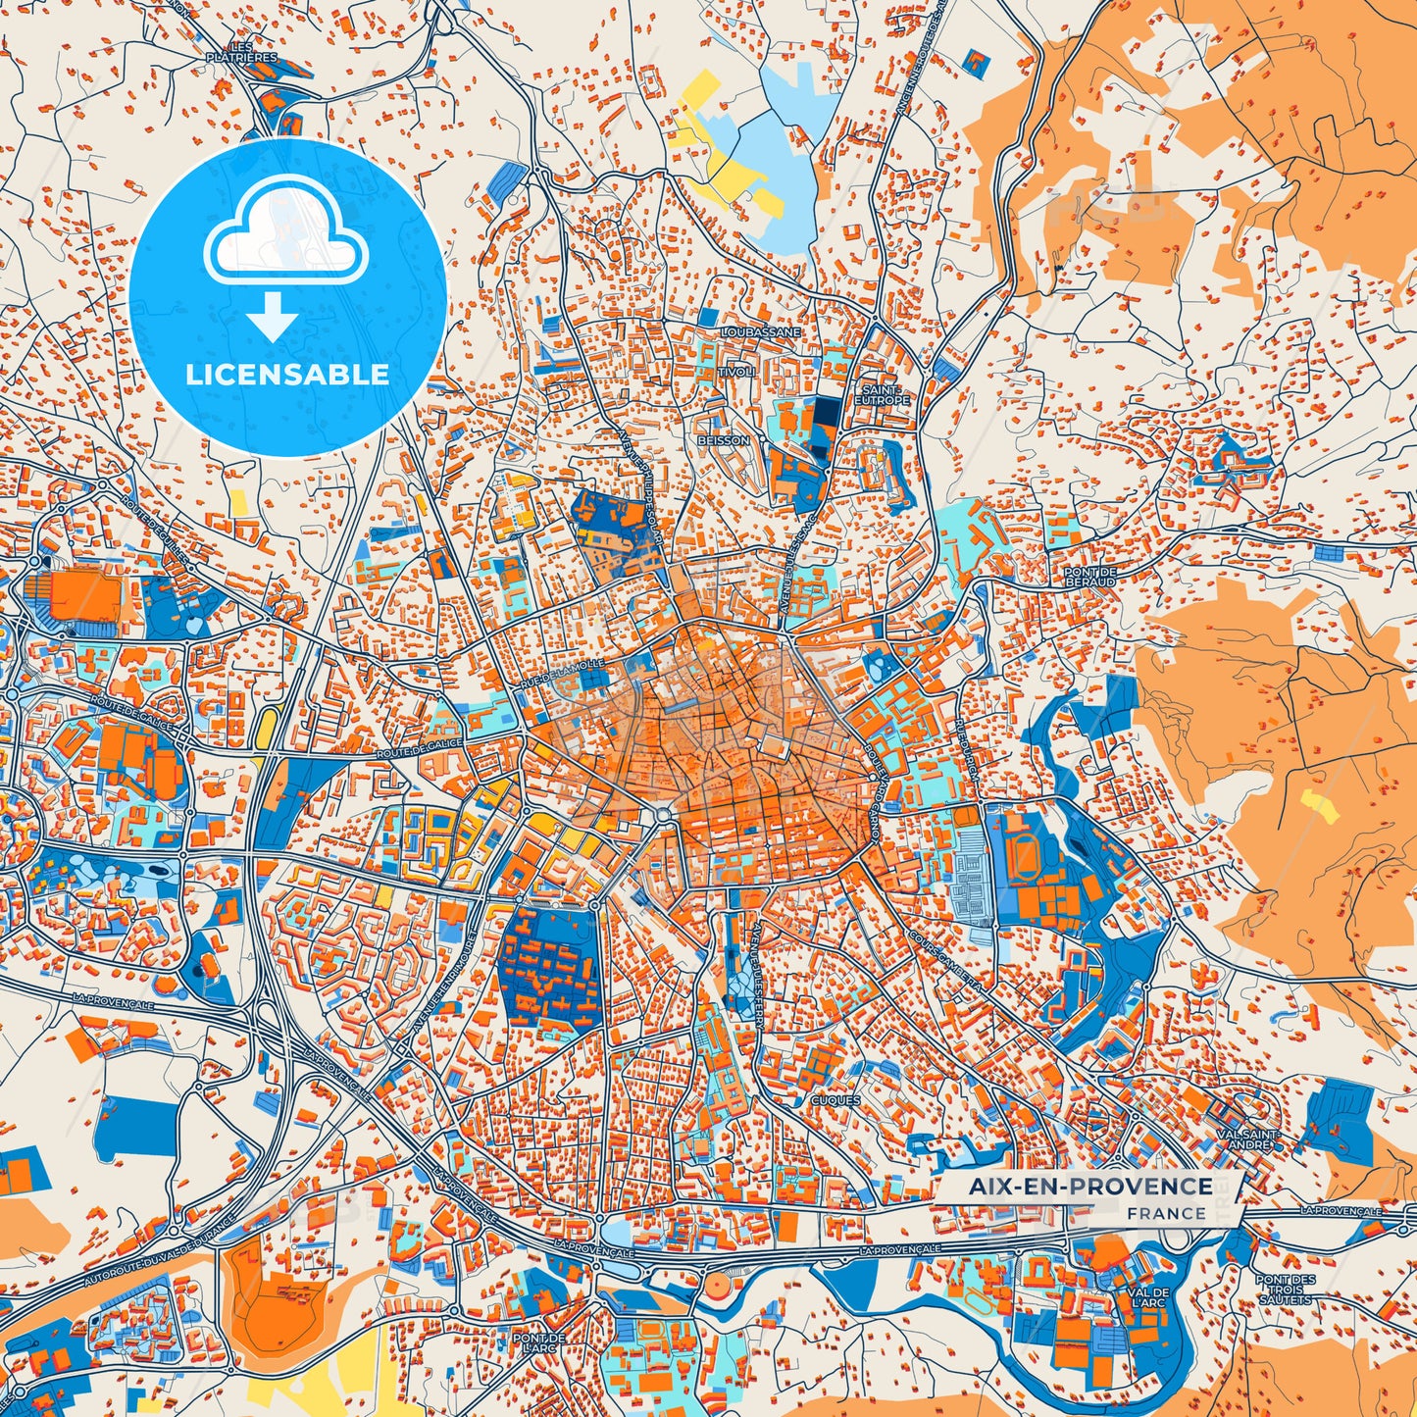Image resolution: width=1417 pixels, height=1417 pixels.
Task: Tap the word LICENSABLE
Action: click(x=288, y=375)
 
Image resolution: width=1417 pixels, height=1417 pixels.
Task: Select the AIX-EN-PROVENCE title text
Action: click(x=1090, y=1187)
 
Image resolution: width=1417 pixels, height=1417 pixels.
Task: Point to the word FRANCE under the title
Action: click(x=1166, y=1213)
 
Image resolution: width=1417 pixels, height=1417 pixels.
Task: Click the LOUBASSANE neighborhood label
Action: click(x=761, y=332)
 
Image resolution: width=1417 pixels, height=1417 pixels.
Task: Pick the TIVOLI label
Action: click(x=736, y=373)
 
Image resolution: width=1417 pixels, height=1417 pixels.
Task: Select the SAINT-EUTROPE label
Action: click(x=882, y=394)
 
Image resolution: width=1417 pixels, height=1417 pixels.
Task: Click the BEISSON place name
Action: click(x=724, y=440)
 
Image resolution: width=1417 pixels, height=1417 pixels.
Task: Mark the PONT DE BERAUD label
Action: click(x=1090, y=577)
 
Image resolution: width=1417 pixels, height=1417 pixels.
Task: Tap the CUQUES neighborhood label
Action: click(x=835, y=1100)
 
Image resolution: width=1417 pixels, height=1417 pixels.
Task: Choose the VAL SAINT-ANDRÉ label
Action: click(x=1248, y=1139)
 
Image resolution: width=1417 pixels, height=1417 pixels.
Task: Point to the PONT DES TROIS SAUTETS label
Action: click(x=1285, y=1290)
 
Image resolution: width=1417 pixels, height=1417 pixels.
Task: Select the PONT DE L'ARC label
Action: click(x=539, y=1342)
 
